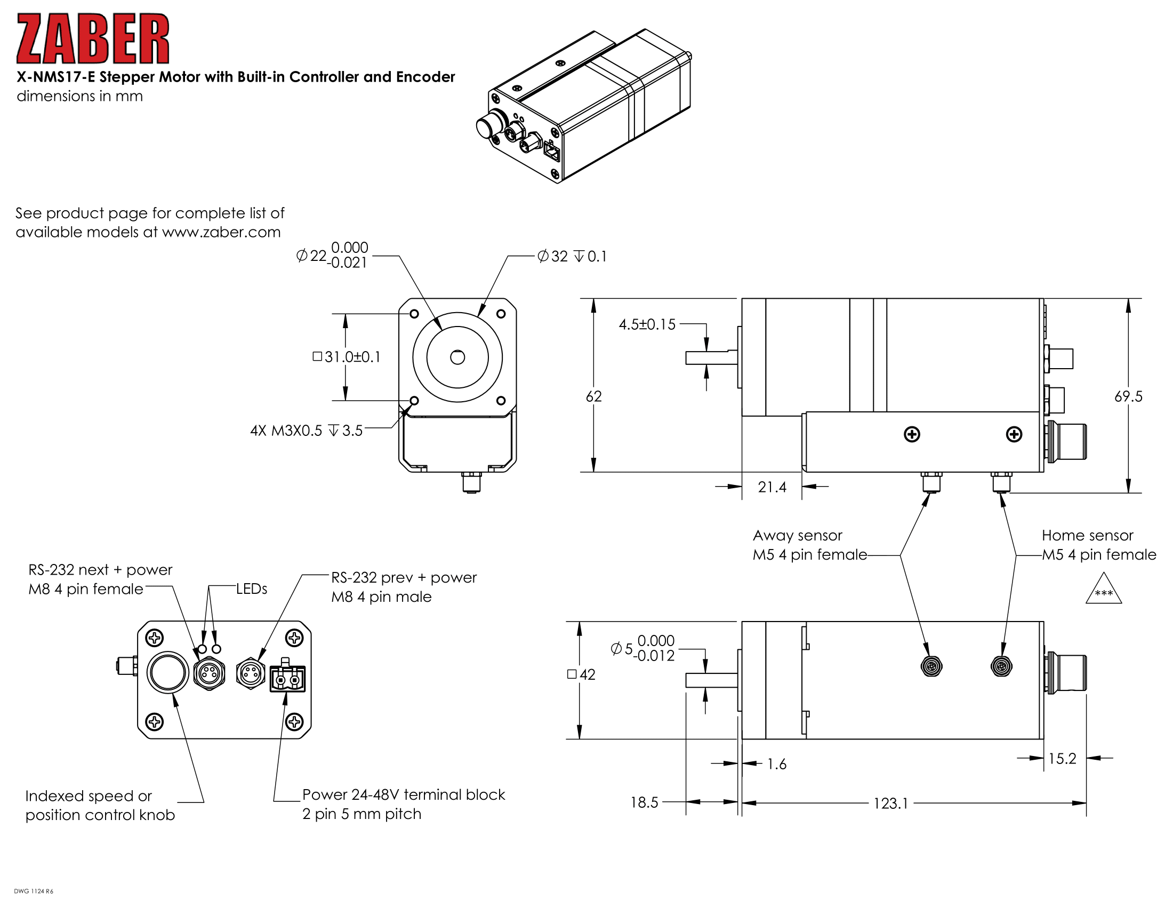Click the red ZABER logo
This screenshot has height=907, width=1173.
pyautogui.click(x=92, y=39)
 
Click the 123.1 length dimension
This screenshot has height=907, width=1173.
pyautogui.click(x=890, y=803)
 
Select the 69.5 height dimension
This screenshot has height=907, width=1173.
pyautogui.click(x=1128, y=396)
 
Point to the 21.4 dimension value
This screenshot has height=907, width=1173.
pyautogui.click(x=772, y=487)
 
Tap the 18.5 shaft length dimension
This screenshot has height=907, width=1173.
pyautogui.click(x=644, y=802)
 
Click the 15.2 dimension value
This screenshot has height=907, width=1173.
pyautogui.click(x=1062, y=758)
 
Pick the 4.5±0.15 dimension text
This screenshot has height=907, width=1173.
pyautogui.click(x=647, y=324)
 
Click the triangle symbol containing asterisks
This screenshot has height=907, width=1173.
pyautogui.click(x=1103, y=590)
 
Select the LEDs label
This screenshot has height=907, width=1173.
pyautogui.click(x=251, y=589)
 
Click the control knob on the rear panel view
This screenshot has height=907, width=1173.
pyautogui.click(x=167, y=672)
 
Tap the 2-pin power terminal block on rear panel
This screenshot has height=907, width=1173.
pyautogui.click(x=287, y=679)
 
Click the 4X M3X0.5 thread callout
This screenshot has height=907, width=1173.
pyautogui.click(x=306, y=431)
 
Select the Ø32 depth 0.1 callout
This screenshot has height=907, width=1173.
pyautogui.click(x=572, y=256)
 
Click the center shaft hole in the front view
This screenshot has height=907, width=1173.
pyautogui.click(x=457, y=357)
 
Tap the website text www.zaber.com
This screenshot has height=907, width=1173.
pyautogui.click(x=221, y=232)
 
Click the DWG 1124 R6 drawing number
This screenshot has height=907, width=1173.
pyautogui.click(x=33, y=892)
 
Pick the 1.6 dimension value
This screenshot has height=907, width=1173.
pyautogui.click(x=777, y=763)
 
